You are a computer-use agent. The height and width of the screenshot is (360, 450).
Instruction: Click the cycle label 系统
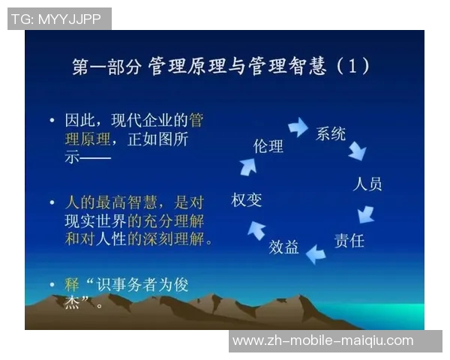point(330,134)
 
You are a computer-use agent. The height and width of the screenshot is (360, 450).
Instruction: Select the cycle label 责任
point(349,241)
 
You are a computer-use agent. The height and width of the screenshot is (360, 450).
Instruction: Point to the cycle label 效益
point(283,247)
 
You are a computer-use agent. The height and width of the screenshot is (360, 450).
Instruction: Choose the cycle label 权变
point(246,199)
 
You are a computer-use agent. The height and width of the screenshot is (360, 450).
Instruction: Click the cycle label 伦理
point(268,146)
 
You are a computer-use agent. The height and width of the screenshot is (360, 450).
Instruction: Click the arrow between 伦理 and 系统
point(298,127)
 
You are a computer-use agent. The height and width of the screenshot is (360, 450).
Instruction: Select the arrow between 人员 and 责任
point(365,214)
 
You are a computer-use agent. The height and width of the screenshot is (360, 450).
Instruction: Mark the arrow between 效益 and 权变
point(256,229)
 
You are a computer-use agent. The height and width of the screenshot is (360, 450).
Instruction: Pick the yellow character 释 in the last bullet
point(72,286)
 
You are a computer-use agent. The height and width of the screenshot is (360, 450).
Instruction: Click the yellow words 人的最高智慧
point(108,202)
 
